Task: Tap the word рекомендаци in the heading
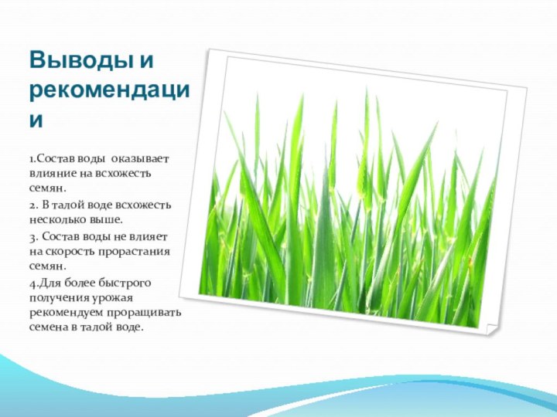[x=110, y=90]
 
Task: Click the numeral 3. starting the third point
[x=34, y=236]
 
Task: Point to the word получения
[x=56, y=297]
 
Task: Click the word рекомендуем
[x=64, y=313]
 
